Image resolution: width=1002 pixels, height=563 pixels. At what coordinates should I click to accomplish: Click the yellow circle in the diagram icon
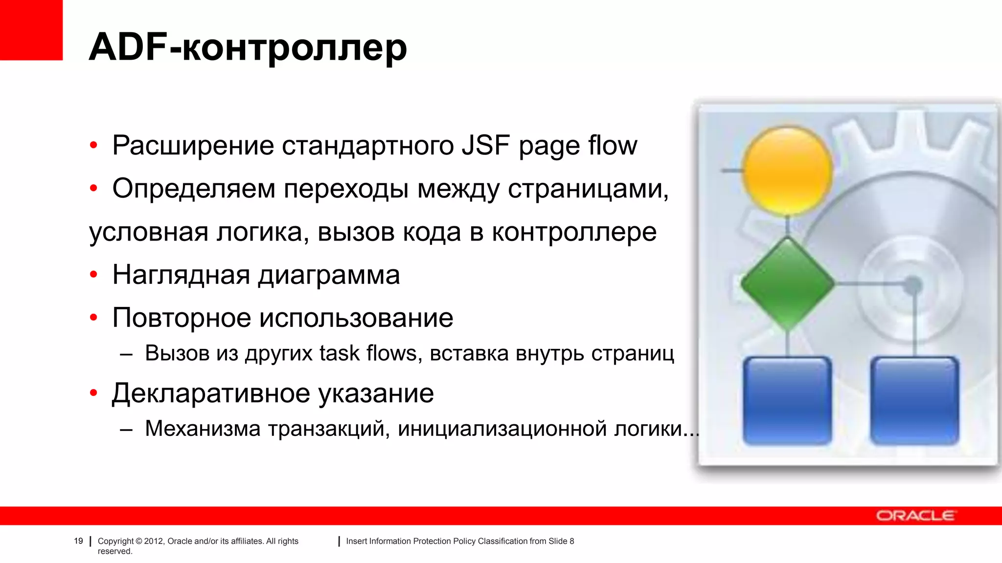point(787,171)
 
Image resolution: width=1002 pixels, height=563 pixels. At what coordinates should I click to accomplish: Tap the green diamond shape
point(787,283)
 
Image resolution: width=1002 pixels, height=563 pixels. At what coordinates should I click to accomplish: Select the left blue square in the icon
point(787,400)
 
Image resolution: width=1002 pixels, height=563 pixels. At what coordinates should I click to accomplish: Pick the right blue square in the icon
point(914,400)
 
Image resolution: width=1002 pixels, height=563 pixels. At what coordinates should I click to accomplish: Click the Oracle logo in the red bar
point(915,516)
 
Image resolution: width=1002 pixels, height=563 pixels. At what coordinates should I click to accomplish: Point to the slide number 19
point(78,541)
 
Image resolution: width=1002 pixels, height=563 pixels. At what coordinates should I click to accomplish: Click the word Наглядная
point(181,275)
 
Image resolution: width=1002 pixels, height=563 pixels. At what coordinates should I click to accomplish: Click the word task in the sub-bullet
point(340,353)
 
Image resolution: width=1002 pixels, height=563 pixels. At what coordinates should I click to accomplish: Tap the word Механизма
point(203,429)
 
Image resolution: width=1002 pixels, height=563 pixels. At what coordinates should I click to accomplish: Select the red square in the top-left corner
point(31,29)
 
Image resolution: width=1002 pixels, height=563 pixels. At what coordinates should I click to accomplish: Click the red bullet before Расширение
point(93,145)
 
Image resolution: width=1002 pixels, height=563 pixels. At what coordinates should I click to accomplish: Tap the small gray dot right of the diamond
point(912,285)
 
